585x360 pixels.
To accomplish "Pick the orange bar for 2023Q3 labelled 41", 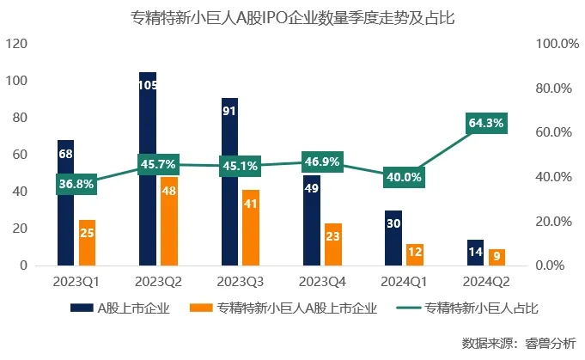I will pyautogui.click(x=250, y=228).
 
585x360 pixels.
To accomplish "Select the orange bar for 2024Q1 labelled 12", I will pyautogui.click(x=414, y=254).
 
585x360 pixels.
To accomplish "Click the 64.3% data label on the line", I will pyautogui.click(x=485, y=124).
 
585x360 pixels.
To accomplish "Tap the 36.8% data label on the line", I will pyautogui.click(x=76, y=184).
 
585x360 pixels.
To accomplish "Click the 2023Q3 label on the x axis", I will pyautogui.click(x=241, y=281).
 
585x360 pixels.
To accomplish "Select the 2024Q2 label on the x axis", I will pyautogui.click(x=485, y=281).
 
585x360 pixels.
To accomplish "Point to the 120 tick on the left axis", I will pyautogui.click(x=16, y=44).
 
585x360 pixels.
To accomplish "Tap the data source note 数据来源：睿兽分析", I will pyautogui.click(x=519, y=343).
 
